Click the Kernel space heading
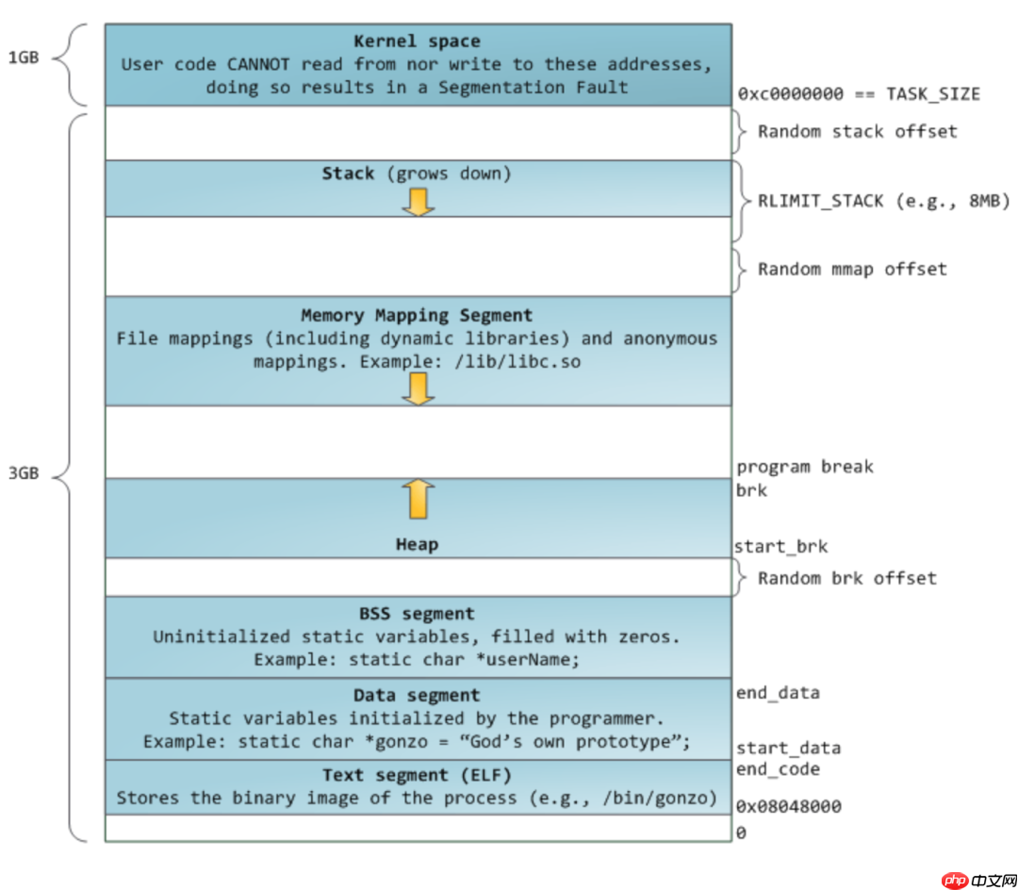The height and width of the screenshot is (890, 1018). [x=417, y=41]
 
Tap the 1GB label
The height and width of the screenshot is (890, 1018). [x=24, y=57]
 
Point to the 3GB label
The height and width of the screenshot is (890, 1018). [x=24, y=473]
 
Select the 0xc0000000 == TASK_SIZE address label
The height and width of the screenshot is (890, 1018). [x=858, y=93]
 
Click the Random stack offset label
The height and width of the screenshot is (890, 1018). [x=857, y=132]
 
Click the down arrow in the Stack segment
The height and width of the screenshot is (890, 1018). [x=418, y=201]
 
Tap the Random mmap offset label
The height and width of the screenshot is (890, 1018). [x=852, y=269]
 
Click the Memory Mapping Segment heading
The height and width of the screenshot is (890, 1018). [x=417, y=315]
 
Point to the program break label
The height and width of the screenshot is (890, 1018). [x=805, y=467]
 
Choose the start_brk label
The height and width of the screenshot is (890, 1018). [x=780, y=546]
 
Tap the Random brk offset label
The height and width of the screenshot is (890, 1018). [x=847, y=578]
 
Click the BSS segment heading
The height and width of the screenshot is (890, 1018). [x=417, y=614]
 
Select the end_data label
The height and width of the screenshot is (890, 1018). [x=778, y=693]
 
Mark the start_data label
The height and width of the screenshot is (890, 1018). [x=788, y=749]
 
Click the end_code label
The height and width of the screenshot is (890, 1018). [x=778, y=769]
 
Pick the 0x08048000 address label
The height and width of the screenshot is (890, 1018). [x=788, y=807]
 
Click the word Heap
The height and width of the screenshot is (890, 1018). [x=417, y=544]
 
